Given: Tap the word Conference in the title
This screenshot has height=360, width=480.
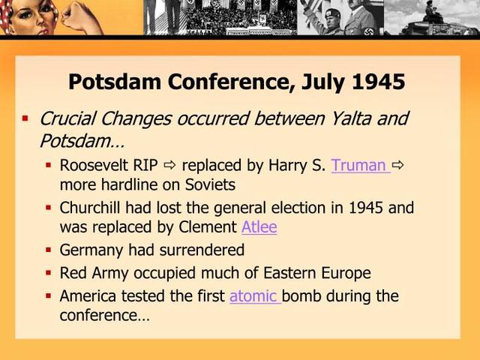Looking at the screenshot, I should tap(223, 82).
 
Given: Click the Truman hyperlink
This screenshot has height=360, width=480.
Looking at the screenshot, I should tap(358, 165).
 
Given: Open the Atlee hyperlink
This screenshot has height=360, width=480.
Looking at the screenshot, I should tap(259, 226).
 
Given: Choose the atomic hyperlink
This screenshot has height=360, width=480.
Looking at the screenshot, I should tap(253, 295).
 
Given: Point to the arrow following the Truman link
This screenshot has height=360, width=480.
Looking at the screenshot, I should tap(398, 165).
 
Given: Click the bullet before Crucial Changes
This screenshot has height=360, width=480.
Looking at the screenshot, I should tap(25, 118).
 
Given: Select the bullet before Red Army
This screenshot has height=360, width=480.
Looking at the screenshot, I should tap(49, 273).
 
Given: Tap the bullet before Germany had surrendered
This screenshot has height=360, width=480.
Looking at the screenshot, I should tap(49, 250).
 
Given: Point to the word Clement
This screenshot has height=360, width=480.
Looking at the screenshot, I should tap(203, 226).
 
